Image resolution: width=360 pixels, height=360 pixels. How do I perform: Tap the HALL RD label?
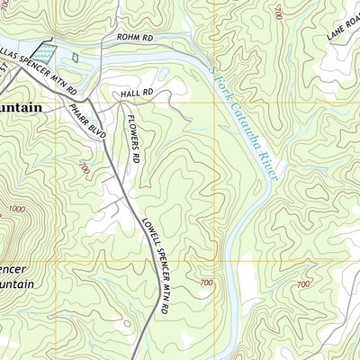pos(137,93)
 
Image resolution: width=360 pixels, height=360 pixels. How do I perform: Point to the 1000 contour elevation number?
pos(15,209)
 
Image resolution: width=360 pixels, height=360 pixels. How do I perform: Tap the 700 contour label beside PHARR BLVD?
pos(85,167)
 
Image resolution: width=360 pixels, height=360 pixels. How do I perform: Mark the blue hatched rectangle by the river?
pos(43,57)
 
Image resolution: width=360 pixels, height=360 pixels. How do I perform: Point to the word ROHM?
pos(125,38)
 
